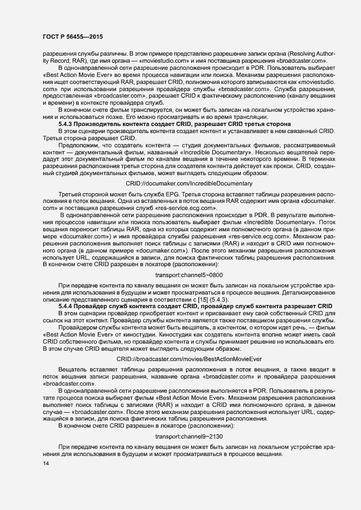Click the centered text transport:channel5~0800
[x=189, y=274]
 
